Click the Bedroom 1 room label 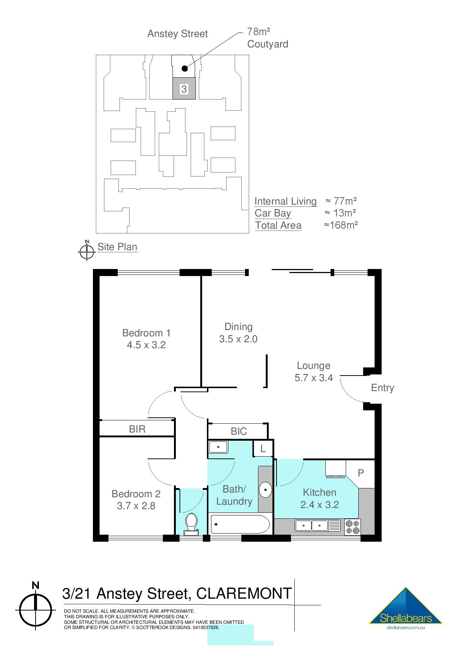pos(146,333)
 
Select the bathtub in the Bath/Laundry pos(240,524)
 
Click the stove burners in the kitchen pos(352,527)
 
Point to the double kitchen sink pos(312,525)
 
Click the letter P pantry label pos(361,473)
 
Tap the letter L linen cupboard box pos(263,449)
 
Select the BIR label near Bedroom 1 pos(137,429)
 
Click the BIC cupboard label pos(238,431)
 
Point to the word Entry pos(382,388)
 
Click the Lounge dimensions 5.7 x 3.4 pos(314,378)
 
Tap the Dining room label pos(238,327)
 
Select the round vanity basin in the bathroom pos(265,490)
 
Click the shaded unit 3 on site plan pos(184,89)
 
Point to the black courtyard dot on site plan pos(185,68)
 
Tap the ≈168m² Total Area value pos(341,225)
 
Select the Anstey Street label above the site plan pos(177,34)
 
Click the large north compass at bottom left pos(36,610)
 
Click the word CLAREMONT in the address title pos(244,593)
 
